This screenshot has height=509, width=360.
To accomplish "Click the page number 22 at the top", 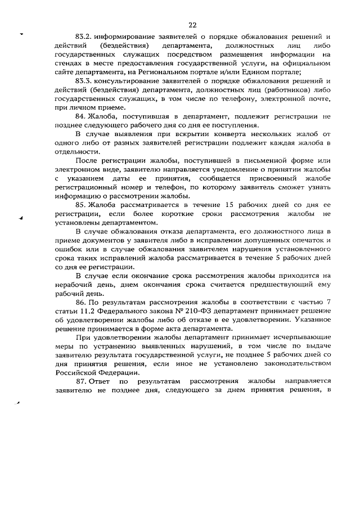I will [192, 25].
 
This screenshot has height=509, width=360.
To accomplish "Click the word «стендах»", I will [70, 62].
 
